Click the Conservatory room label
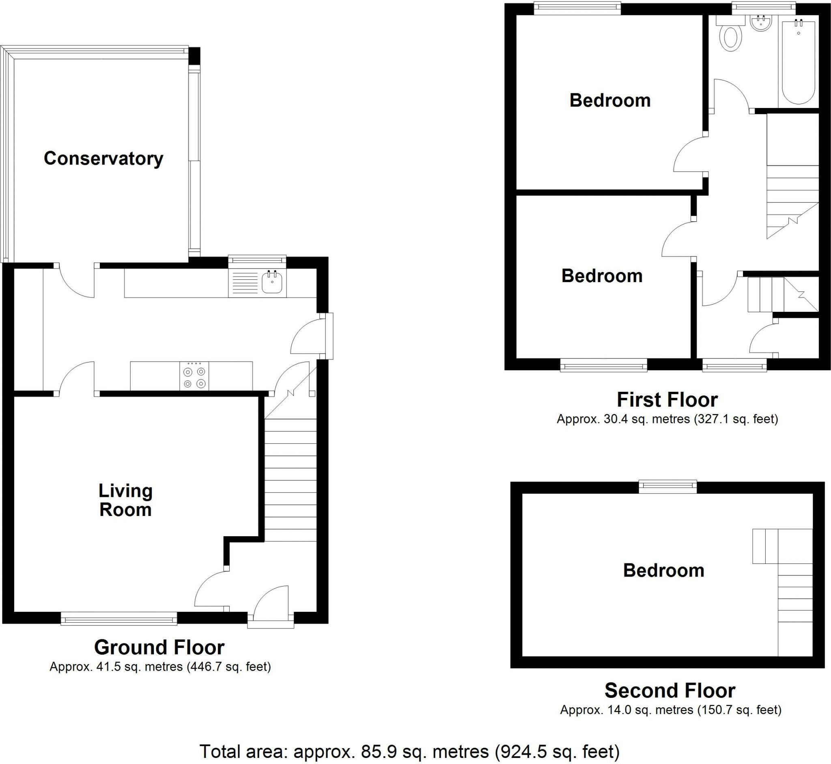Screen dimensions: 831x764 click(x=103, y=159)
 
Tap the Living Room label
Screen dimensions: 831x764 click(x=125, y=500)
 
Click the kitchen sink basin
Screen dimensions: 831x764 click(x=272, y=283)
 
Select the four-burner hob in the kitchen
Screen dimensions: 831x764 click(x=194, y=376)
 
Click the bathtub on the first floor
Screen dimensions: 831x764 click(x=799, y=62)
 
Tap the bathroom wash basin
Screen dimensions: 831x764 click(x=761, y=23)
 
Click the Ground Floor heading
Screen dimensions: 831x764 click(x=159, y=647)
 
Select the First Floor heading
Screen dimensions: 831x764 click(x=667, y=400)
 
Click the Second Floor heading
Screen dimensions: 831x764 click(x=670, y=691)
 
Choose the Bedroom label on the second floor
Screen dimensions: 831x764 click(x=664, y=570)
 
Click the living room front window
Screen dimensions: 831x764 click(x=119, y=619)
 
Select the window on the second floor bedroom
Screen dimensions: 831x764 click(x=668, y=487)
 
